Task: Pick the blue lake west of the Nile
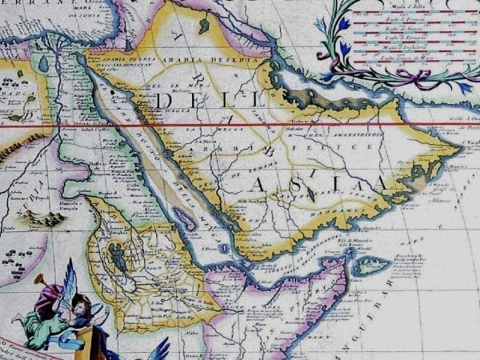coord(42,63)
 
